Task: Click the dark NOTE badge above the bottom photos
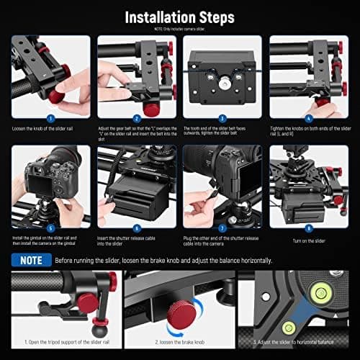[x=31, y=260]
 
